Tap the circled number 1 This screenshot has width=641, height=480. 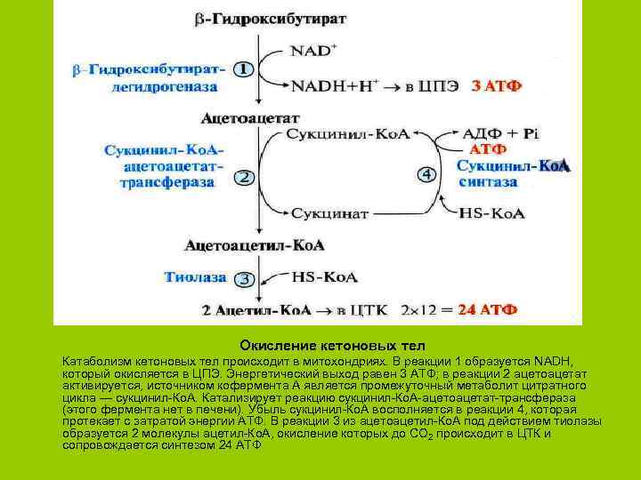[243, 68]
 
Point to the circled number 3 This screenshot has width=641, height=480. [243, 279]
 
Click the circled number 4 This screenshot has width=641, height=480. [426, 174]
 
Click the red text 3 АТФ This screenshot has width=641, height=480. [496, 86]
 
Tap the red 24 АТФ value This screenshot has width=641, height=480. [487, 310]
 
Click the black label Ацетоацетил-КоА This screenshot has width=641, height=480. [255, 244]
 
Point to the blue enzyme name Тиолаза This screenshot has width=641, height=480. [195, 277]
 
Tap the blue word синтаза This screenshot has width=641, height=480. [488, 181]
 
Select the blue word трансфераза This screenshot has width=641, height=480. [167, 181]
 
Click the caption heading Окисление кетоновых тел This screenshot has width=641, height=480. [332, 345]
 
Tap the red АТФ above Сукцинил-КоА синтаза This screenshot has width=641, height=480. [488, 148]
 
